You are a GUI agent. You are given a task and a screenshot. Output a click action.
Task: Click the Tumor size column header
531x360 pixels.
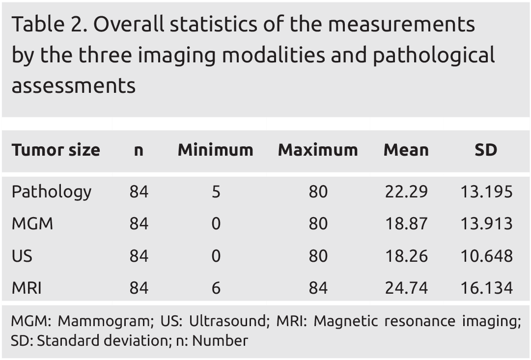[x=56, y=150]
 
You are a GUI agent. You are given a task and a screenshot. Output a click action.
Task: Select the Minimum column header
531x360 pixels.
[x=215, y=150]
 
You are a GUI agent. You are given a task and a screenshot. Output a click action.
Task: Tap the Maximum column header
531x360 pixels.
[x=318, y=150]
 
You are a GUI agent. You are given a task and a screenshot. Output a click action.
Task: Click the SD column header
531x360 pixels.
[x=486, y=150]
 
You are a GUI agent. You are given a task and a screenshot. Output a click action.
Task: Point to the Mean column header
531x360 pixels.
[x=406, y=150]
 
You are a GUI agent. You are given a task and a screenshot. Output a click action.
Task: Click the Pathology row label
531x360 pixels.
[x=52, y=192]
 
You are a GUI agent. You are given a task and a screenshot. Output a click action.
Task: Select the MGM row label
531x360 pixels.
[x=32, y=224]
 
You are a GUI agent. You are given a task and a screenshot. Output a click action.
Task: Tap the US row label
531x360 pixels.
[x=22, y=256]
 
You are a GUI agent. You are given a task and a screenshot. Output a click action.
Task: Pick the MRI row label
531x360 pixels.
[x=27, y=288]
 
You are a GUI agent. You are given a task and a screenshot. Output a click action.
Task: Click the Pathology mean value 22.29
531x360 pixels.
[x=406, y=192]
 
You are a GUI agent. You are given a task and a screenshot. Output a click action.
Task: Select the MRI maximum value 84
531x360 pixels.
[x=318, y=288]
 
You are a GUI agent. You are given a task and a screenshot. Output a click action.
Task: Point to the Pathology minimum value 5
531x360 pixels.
[x=216, y=192]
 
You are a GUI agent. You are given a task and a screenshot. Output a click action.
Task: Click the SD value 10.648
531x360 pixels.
[x=486, y=256]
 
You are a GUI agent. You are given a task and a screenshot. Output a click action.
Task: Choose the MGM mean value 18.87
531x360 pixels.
[x=406, y=224]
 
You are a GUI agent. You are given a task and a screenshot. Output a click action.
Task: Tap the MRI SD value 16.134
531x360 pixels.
[x=486, y=288]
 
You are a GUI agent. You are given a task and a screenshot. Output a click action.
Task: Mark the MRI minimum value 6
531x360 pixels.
[x=216, y=288]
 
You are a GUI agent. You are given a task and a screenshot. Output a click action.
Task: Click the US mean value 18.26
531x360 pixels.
[x=406, y=256]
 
